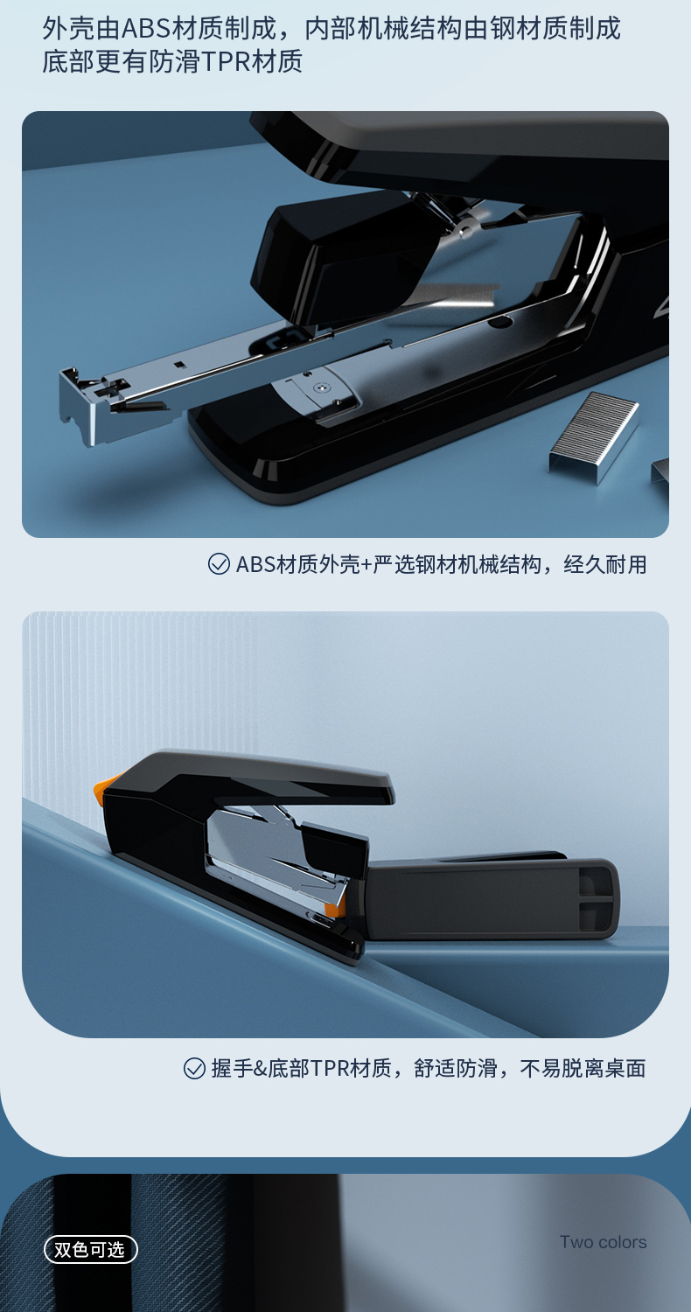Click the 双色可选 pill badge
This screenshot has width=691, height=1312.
(91, 1249)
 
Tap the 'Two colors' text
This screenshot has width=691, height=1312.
(603, 1242)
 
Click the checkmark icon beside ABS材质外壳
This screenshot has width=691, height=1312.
(219, 564)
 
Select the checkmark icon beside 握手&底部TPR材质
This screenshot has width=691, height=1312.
(194, 1068)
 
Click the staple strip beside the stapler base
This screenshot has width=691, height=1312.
(593, 436)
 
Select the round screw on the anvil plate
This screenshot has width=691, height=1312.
(319, 387)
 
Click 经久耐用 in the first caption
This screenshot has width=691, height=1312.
(605, 565)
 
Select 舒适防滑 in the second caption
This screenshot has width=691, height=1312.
(456, 1068)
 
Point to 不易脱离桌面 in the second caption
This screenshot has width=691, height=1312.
(583, 1068)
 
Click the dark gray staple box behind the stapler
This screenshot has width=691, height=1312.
(491, 896)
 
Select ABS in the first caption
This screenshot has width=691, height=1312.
(256, 565)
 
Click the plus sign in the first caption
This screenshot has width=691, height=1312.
(366, 565)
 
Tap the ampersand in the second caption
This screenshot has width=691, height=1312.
(261, 1069)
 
